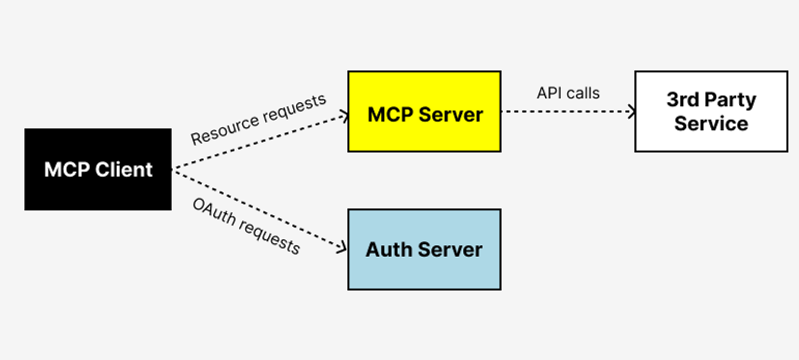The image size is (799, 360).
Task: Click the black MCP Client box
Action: pyautogui.click(x=97, y=170)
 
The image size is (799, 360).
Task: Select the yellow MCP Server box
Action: pyautogui.click(x=425, y=111)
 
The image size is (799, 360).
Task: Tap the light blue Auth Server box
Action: pyautogui.click(x=425, y=249)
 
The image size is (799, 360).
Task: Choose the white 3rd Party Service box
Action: pyautogui.click(x=711, y=111)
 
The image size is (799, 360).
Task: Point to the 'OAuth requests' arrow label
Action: pyautogui.click(x=245, y=226)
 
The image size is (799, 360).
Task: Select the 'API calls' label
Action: pyautogui.click(x=568, y=94)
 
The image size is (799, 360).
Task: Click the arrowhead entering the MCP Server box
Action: pyautogui.click(x=343, y=116)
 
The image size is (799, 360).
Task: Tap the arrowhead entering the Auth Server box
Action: pyautogui.click(x=342, y=248)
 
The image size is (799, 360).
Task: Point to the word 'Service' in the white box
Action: pyautogui.click(x=711, y=124)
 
